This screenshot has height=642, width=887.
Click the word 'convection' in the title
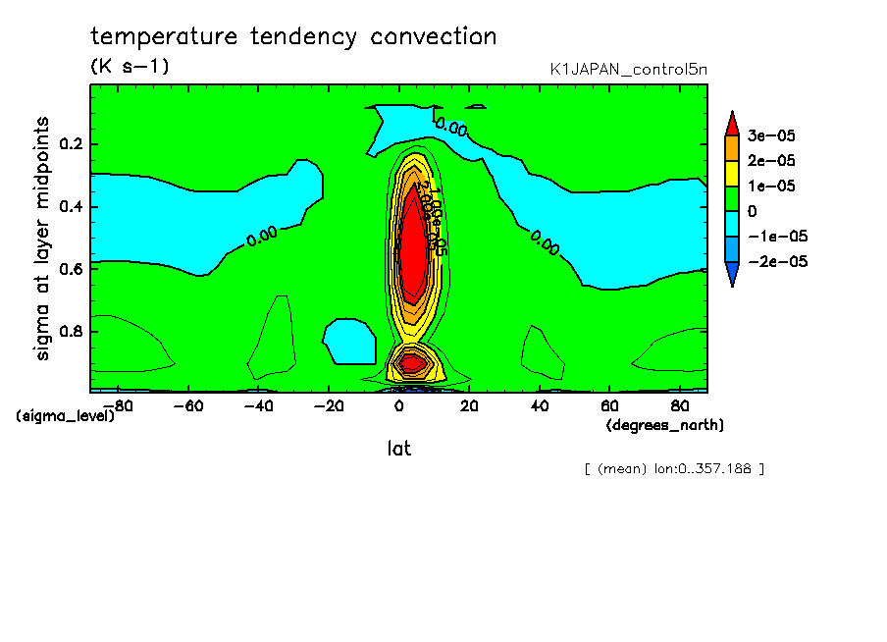tap(434, 37)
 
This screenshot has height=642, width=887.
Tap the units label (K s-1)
tap(130, 67)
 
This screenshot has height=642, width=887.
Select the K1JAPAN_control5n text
tap(628, 69)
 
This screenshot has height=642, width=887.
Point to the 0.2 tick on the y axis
tap(72, 144)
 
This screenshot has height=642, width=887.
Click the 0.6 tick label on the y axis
tap(72, 269)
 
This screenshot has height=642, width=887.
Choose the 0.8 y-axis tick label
tap(72, 331)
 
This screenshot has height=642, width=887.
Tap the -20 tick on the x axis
tap(330, 404)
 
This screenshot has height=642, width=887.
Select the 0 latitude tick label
tap(399, 404)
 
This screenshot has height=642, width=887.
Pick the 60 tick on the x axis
tap(609, 404)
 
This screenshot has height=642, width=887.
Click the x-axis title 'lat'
tap(398, 449)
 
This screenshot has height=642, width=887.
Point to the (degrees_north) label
tap(664, 425)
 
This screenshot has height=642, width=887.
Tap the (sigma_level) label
tap(65, 416)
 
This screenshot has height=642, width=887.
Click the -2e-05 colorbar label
tap(777, 262)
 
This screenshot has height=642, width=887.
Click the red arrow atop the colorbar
tap(732, 123)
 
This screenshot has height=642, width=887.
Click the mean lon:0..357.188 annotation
tap(673, 469)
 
